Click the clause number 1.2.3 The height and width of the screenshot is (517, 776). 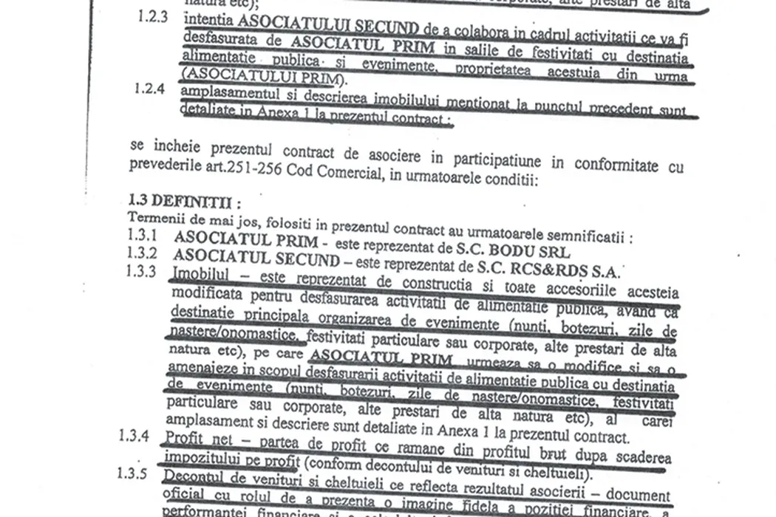point(152,16)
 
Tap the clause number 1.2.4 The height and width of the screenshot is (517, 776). point(150,89)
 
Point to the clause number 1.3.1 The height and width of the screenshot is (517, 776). point(143,237)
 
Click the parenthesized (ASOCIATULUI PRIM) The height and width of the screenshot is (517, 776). point(264,76)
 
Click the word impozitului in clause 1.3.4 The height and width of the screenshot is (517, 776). point(200,458)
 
